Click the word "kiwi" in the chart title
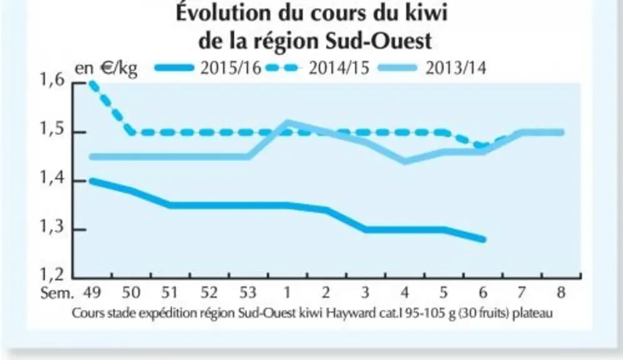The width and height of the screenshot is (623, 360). [426, 12]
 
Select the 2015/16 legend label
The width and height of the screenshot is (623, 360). [231, 68]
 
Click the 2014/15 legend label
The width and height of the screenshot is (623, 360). [339, 68]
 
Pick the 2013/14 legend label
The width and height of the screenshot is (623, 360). [456, 68]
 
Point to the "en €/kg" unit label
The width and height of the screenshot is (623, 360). [106, 69]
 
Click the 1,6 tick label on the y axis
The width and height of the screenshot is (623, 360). [52, 80]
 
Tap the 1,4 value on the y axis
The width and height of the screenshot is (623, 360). [52, 178]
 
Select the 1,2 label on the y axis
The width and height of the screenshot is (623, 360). [52, 274]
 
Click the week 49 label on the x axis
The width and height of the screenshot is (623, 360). [92, 292]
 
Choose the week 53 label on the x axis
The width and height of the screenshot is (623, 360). [248, 292]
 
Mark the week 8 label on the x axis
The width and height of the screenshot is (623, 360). [561, 292]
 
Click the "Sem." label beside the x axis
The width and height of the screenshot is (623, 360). [57, 293]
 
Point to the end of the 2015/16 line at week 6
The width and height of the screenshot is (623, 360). [483, 239]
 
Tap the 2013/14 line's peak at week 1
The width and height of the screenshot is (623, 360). [287, 122]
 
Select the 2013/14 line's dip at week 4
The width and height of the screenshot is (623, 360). [405, 161]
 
